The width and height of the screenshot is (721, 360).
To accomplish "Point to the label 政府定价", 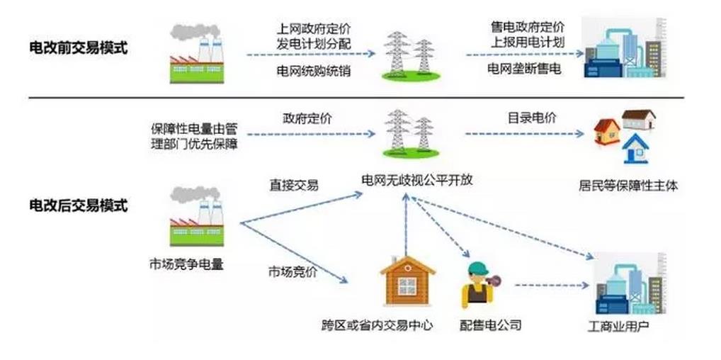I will point(307,118).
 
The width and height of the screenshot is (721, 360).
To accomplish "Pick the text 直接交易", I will point(293,185).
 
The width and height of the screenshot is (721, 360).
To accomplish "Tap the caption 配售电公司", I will point(490,325).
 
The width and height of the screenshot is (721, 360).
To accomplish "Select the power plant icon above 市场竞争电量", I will point(196,217).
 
